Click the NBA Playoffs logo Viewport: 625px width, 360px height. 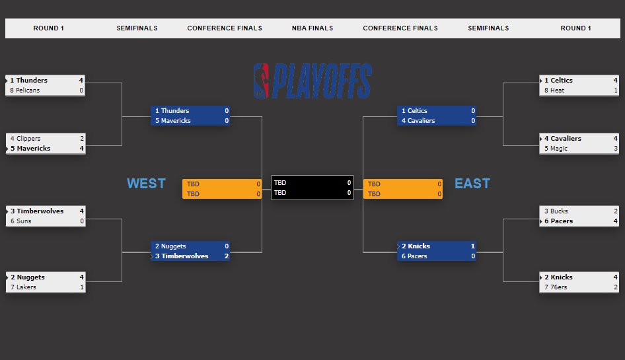[312, 81]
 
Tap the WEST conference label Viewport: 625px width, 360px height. [146, 184]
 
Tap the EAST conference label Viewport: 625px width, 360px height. [472, 184]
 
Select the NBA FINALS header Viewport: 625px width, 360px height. [312, 28]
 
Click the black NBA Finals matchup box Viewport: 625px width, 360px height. [312, 188]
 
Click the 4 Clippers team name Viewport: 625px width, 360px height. [26, 139]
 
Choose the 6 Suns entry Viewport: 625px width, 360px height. [21, 221]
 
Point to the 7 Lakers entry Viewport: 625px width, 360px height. [24, 287]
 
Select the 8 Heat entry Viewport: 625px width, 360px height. [554, 90]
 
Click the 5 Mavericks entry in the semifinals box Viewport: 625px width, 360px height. [173, 121]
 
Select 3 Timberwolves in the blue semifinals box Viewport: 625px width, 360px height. [182, 256]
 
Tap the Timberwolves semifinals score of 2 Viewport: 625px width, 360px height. [226, 256]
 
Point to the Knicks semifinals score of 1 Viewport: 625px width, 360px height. [473, 246]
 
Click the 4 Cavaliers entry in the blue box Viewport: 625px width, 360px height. [418, 121]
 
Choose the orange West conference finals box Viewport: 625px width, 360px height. [222, 189]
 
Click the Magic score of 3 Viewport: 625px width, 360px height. [615, 149]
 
